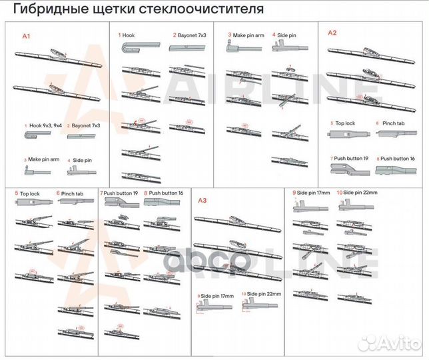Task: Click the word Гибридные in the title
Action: point(47,10)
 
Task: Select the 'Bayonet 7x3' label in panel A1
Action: point(87,125)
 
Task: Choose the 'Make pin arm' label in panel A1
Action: point(44,160)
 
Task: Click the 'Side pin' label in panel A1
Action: point(83,160)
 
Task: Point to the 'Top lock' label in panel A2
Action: point(344,124)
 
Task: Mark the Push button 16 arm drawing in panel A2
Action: point(393,171)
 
